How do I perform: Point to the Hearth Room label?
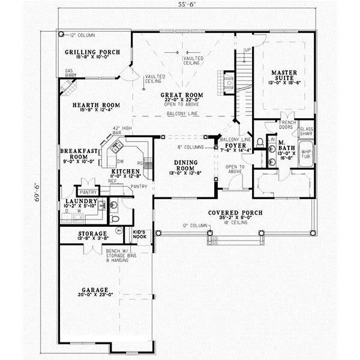coord(96,105)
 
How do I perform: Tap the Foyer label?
coord(232,145)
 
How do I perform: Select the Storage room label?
coord(92,233)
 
